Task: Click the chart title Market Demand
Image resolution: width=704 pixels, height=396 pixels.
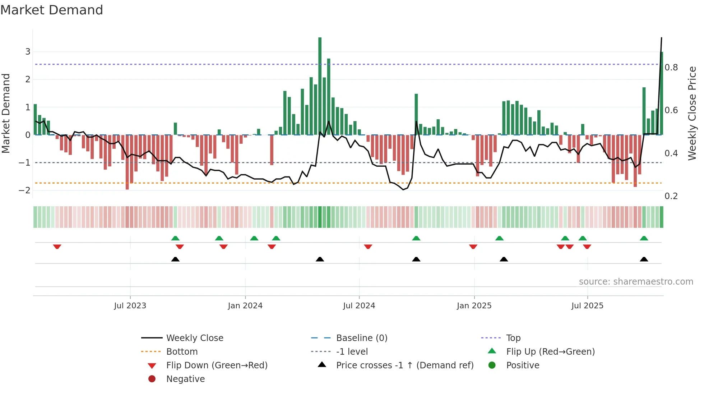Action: click(52, 10)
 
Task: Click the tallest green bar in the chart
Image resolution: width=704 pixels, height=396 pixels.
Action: click(320, 86)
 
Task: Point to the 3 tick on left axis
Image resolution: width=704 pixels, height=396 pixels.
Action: click(28, 51)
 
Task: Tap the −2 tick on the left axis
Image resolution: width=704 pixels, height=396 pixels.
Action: click(25, 190)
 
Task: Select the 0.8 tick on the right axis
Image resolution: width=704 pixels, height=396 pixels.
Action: click(671, 67)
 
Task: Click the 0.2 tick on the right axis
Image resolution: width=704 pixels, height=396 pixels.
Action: click(671, 196)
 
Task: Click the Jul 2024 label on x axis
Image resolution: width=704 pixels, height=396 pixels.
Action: click(359, 306)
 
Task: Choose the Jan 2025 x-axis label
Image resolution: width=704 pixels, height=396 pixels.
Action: click(474, 306)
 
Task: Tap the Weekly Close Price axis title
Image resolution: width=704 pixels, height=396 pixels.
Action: click(692, 113)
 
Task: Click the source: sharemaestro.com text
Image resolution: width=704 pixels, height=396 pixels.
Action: click(636, 281)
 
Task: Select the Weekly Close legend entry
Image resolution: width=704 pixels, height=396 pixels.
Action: click(194, 338)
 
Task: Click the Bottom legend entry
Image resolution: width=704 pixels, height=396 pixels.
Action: click(182, 351)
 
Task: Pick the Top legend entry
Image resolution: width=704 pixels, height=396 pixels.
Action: click(513, 338)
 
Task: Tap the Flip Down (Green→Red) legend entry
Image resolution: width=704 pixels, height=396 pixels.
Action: click(217, 365)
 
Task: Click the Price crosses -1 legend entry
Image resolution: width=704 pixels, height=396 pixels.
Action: click(404, 365)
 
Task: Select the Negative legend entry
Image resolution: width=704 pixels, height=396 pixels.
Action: click(185, 379)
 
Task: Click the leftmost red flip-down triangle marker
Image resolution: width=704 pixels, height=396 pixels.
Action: click(57, 247)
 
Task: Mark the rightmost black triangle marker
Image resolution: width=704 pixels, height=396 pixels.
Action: click(644, 259)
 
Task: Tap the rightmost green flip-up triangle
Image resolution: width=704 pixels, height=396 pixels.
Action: click(644, 238)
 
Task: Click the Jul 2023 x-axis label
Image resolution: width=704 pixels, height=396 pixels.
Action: click(130, 306)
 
